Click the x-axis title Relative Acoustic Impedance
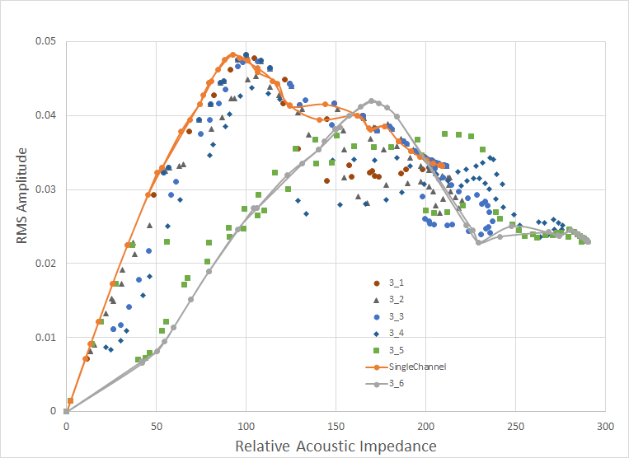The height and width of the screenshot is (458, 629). pos(336,446)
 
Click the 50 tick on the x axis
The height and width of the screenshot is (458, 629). pos(156,426)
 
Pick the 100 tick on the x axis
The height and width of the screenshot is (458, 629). pos(246,426)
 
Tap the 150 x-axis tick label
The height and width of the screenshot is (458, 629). pos(336,426)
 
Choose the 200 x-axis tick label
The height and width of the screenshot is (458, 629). pos(425,426)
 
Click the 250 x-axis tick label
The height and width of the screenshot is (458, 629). pos(515,426)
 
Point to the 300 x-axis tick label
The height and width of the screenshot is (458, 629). pos(605,426)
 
